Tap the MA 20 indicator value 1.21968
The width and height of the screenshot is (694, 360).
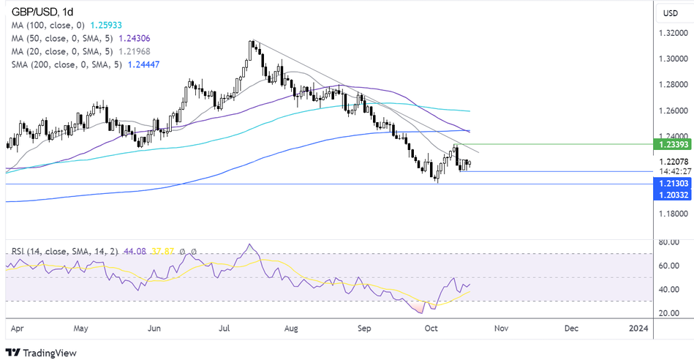click(132, 51)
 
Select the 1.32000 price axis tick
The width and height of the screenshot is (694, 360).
click(672, 34)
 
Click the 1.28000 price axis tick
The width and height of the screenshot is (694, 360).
click(672, 85)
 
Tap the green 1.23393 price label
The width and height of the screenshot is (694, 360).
click(672, 145)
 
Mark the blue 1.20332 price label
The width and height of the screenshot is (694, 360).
click(672, 197)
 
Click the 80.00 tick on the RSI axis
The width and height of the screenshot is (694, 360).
click(669, 242)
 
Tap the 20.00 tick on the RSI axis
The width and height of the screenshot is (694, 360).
click(669, 313)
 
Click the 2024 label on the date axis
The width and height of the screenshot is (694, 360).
click(638, 329)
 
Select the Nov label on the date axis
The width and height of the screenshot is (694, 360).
click(499, 329)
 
